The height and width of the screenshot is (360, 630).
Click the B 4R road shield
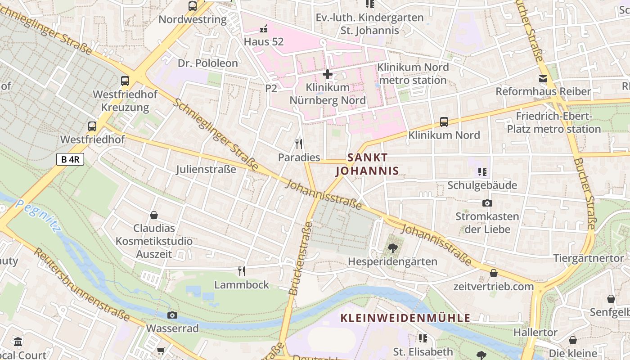(70, 159)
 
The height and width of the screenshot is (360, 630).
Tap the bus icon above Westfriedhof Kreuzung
(125, 81)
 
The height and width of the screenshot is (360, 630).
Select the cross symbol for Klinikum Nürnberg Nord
(328, 74)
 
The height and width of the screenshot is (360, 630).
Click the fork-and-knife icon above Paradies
(298, 144)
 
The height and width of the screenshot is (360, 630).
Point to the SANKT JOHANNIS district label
(367, 164)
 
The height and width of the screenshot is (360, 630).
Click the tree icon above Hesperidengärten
(392, 248)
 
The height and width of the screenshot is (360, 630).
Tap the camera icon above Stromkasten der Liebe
(487, 203)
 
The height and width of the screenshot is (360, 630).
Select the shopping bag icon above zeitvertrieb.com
(494, 273)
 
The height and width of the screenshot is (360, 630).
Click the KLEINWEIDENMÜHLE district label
(405, 318)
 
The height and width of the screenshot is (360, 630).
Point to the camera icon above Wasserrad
(172, 315)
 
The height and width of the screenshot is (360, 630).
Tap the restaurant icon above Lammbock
(242, 271)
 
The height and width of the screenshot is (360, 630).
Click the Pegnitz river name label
(38, 216)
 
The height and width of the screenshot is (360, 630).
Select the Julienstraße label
(206, 170)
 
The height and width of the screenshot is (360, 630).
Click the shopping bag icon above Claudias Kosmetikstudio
(154, 215)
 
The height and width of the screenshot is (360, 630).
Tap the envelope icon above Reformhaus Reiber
(543, 79)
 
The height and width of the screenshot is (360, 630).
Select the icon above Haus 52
(264, 29)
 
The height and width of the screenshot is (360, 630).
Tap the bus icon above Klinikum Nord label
(444, 121)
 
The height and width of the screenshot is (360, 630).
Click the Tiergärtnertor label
(589, 259)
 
